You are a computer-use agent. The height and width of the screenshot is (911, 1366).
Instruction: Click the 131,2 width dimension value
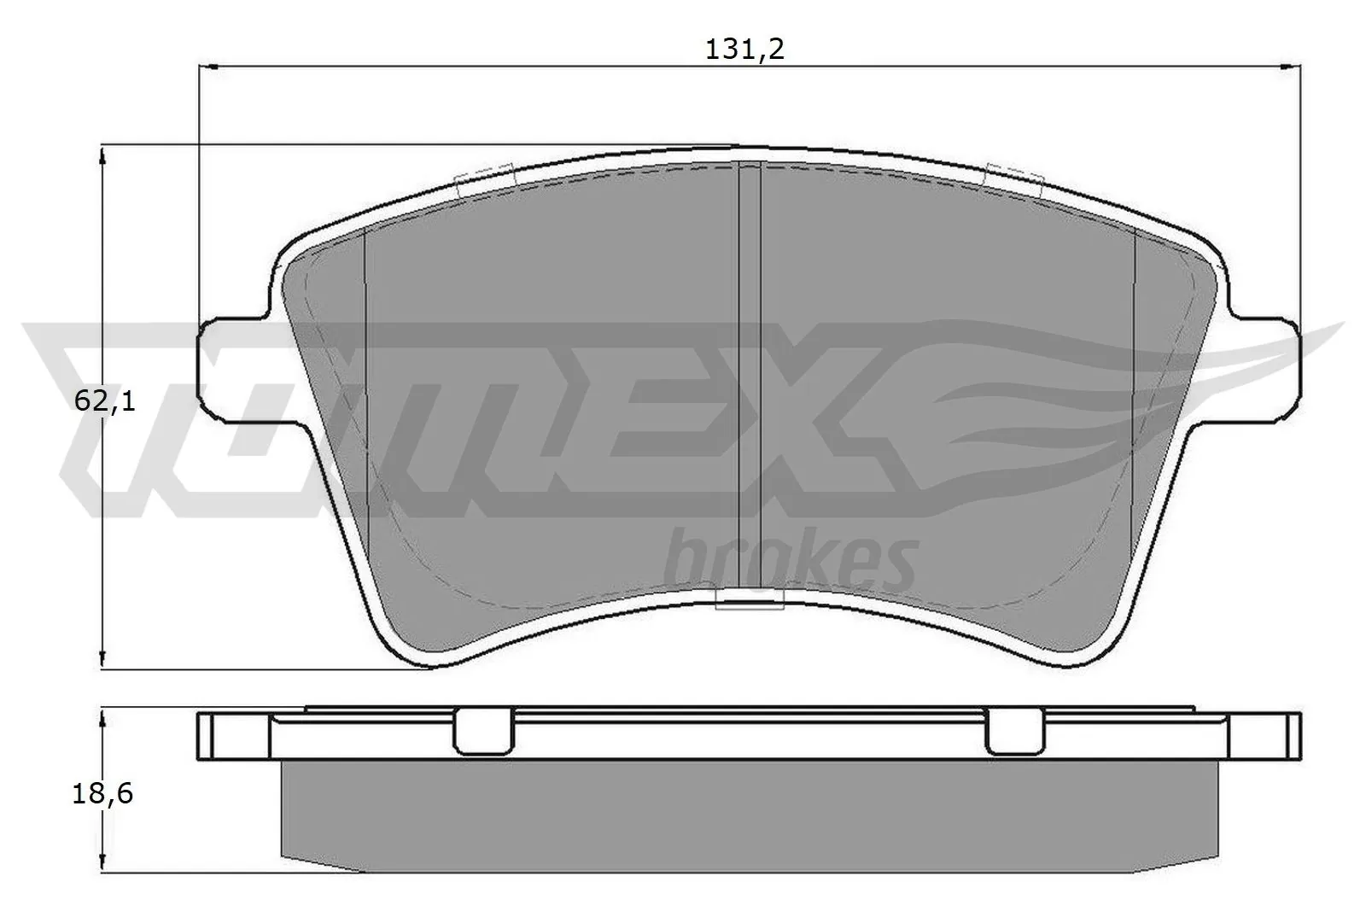click(x=744, y=50)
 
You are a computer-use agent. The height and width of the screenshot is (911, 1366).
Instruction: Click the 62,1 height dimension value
click(x=105, y=400)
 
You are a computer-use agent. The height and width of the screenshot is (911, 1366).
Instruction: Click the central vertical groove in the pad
click(x=748, y=376)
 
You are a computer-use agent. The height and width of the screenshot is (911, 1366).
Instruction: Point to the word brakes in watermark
click(x=790, y=559)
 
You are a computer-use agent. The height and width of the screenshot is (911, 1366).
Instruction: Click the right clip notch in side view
click(x=1014, y=733)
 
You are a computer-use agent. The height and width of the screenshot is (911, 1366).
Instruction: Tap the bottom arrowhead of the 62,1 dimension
click(x=102, y=660)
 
